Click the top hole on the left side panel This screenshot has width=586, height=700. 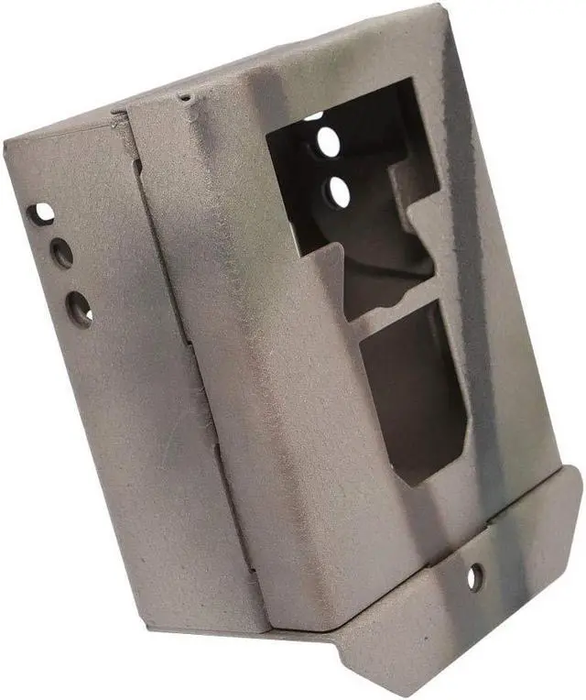(39, 215)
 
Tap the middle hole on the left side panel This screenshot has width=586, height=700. (61, 253)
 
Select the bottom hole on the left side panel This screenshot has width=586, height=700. (79, 309)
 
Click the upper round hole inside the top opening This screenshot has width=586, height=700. (326, 141)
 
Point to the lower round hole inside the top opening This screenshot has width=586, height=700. (338, 191)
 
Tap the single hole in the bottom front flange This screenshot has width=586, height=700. (474, 576)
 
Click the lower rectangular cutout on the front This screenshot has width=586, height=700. (412, 394)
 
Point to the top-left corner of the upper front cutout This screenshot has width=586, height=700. (267, 137)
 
